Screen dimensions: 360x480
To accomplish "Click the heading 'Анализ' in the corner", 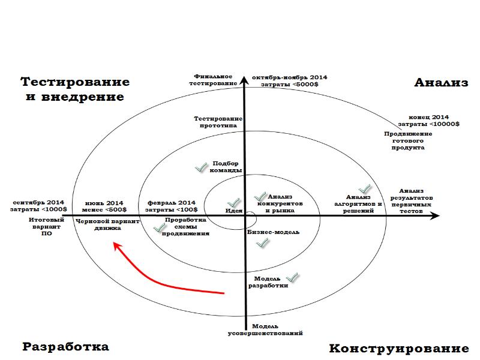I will (x=441, y=83).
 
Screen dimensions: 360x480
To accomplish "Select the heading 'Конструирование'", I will (x=398, y=349).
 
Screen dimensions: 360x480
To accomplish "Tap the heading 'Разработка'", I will (x=66, y=347).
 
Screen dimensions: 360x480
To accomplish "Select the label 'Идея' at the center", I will (x=233, y=211).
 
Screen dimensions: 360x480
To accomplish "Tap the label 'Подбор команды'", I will (x=227, y=166).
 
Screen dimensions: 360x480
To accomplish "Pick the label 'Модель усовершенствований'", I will (x=265, y=329).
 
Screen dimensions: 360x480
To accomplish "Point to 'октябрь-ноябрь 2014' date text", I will (x=289, y=77).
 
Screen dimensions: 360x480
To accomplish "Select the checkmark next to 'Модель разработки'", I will (x=292, y=278).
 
